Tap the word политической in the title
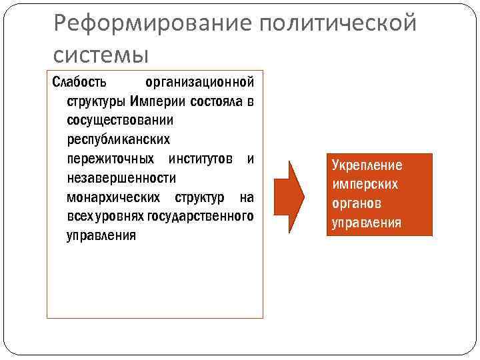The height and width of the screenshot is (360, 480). tap(339, 25)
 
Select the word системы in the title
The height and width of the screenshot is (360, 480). tap(101, 53)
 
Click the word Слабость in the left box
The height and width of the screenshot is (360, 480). tap(79, 83)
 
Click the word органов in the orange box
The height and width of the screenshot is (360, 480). tap(357, 203)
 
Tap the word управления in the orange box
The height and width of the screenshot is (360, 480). tap(367, 222)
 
